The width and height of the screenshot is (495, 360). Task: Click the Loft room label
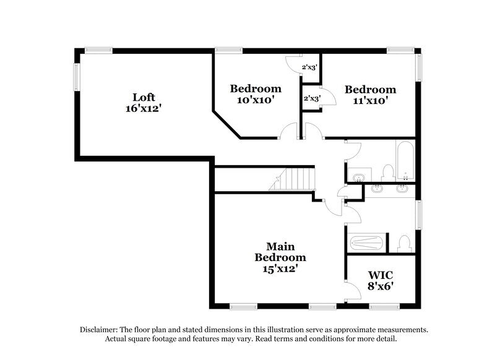[x=144, y=97]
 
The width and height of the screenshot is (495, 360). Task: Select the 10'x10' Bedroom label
[x=256, y=88]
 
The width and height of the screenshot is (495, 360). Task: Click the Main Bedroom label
[x=281, y=251]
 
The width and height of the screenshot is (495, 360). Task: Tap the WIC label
[x=381, y=275]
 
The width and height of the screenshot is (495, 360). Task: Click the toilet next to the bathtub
[x=388, y=172]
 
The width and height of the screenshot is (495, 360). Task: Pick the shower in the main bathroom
[x=368, y=242]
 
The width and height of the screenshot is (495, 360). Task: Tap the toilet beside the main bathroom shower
[x=404, y=242]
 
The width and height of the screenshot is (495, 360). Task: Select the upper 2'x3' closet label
[x=309, y=67]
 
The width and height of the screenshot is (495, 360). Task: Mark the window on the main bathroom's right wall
[x=419, y=217]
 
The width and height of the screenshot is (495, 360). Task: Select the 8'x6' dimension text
[x=381, y=286]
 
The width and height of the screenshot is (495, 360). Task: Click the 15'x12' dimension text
[x=281, y=269]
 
